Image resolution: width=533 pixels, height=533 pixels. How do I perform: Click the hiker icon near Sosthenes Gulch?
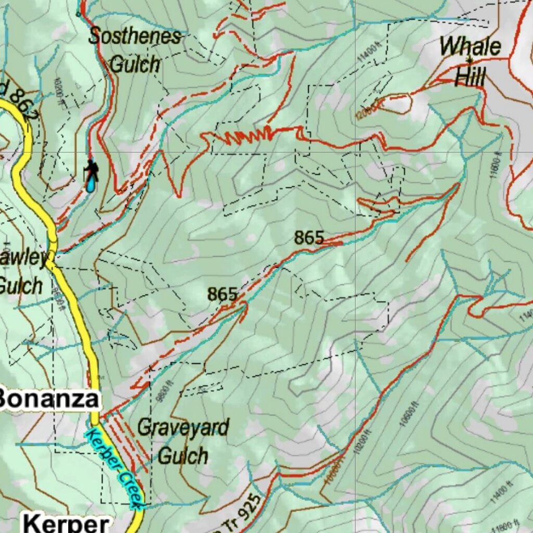(92, 170)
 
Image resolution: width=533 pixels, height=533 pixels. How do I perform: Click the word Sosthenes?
(135, 37)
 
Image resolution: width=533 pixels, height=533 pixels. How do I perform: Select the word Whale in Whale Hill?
(470, 47)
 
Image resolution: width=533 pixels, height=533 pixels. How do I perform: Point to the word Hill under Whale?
(470, 78)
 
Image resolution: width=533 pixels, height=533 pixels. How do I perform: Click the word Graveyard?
(183, 428)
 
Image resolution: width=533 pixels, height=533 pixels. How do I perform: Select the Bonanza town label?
(48, 399)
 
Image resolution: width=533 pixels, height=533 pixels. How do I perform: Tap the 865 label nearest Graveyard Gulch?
(222, 294)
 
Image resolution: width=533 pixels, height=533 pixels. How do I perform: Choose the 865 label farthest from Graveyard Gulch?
(309, 238)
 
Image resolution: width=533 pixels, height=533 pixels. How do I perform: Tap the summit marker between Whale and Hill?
(470, 59)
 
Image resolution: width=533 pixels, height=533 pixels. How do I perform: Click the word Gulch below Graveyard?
(183, 456)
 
